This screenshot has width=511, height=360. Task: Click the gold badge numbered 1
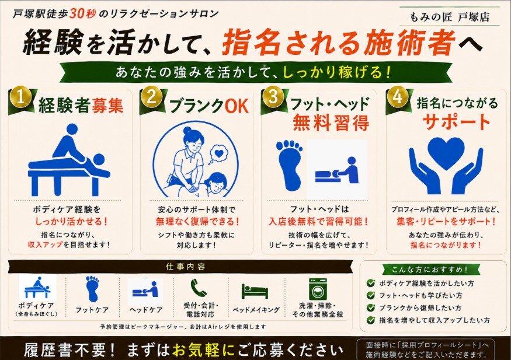coord(20,97)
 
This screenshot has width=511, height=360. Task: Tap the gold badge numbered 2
coord(151,97)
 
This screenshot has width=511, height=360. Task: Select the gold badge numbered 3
coord(273,97)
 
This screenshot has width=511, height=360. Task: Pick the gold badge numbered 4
coord(397,97)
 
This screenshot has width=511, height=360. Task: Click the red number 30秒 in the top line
coord(82,13)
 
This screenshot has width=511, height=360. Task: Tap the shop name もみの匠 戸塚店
coord(450,17)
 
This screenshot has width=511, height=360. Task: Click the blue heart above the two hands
coord(446,152)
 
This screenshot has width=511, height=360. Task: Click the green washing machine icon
coord(318,288)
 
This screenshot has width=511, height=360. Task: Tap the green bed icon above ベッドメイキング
coord(255,291)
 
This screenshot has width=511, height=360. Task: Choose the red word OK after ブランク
coord(237,106)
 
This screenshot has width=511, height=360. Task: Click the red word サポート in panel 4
coord(456,122)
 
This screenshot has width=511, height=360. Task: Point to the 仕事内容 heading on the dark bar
coord(186,267)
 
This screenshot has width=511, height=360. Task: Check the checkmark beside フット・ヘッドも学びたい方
coord(370,295)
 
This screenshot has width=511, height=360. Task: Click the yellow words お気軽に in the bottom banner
coord(203,350)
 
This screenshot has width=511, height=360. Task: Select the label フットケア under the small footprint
coord(92,310)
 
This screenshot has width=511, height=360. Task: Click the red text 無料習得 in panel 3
coord(331,123)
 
